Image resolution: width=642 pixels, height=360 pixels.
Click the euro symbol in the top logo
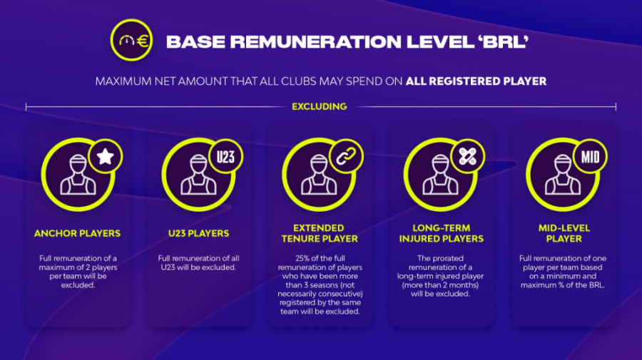pyautogui.click(x=143, y=41)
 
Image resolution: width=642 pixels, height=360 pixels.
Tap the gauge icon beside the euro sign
pyautogui.click(x=126, y=40)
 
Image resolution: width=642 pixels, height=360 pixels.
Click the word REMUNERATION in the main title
pyautogui.click(x=316, y=42)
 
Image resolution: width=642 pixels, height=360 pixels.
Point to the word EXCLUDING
pyautogui.click(x=320, y=107)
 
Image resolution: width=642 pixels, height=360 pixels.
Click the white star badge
pyautogui.click(x=106, y=157)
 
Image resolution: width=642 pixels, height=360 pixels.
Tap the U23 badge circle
pyautogui.click(x=225, y=157)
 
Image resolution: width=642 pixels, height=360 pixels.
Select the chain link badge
pyautogui.click(x=346, y=157)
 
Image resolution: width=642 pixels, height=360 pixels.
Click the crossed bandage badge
pyautogui.click(x=467, y=157)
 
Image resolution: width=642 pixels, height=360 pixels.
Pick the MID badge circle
pyautogui.click(x=590, y=157)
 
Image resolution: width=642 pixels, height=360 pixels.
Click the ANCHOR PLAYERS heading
pyautogui.click(x=77, y=233)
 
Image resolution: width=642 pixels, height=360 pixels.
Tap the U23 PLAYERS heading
pyautogui.click(x=198, y=233)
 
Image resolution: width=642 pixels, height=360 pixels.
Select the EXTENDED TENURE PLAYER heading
pyautogui.click(x=320, y=233)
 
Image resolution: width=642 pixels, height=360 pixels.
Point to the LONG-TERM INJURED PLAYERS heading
pyautogui.click(x=442, y=233)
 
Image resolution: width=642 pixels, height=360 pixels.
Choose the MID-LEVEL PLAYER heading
pyautogui.click(x=564, y=233)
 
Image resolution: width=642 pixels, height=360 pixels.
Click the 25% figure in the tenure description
pyautogui.click(x=302, y=258)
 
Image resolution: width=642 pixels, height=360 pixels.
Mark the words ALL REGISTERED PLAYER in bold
pyautogui.click(x=476, y=81)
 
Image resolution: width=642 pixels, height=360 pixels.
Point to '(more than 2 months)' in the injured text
pyautogui.click(x=440, y=285)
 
